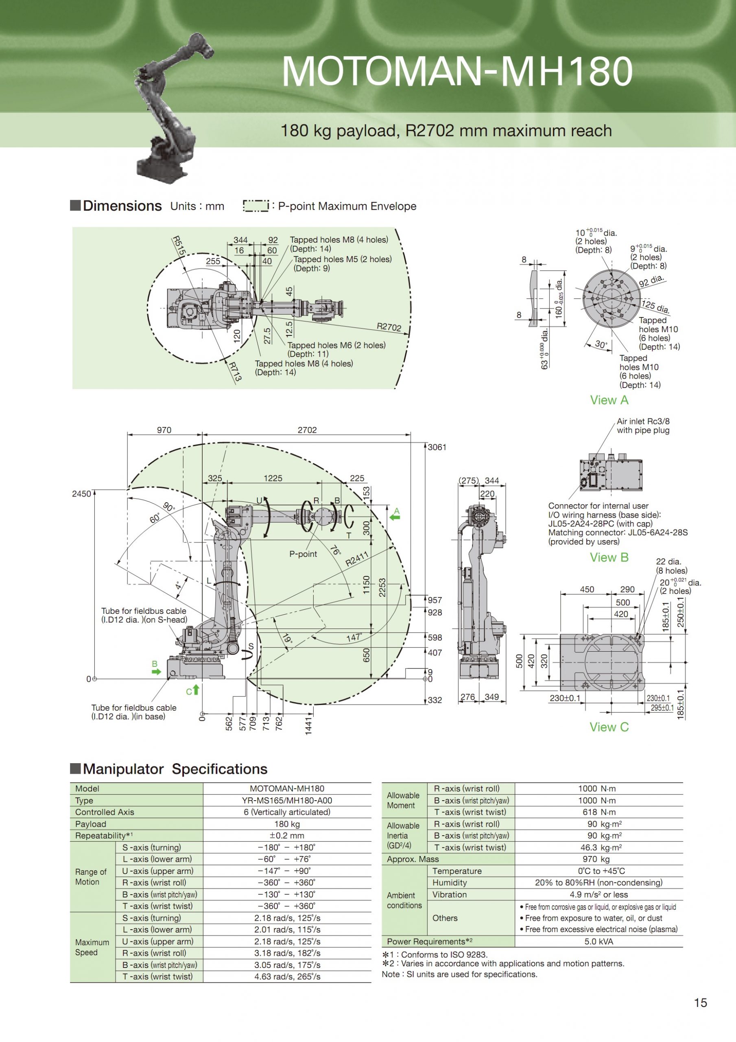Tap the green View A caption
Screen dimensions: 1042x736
tap(609, 400)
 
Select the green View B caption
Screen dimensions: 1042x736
tap(609, 557)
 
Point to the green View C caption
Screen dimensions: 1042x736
tap(609, 727)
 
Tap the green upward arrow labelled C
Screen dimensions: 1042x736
tap(196, 690)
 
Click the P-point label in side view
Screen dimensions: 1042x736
tap(303, 554)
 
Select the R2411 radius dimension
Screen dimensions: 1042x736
tap(357, 558)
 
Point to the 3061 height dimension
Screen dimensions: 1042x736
tap(437, 447)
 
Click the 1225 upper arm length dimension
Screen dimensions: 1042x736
tap(273, 478)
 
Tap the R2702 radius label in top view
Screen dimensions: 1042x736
tap(389, 327)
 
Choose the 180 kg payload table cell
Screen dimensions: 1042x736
tap(287, 824)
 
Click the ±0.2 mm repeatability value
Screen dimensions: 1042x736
tap(287, 836)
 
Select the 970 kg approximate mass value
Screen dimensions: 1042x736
tap(598, 859)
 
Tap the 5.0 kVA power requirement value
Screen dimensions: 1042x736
tap(598, 942)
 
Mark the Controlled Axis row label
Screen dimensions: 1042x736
tap(105, 812)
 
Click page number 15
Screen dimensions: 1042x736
tap(700, 1015)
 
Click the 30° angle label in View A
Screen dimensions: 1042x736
tap(601, 344)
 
